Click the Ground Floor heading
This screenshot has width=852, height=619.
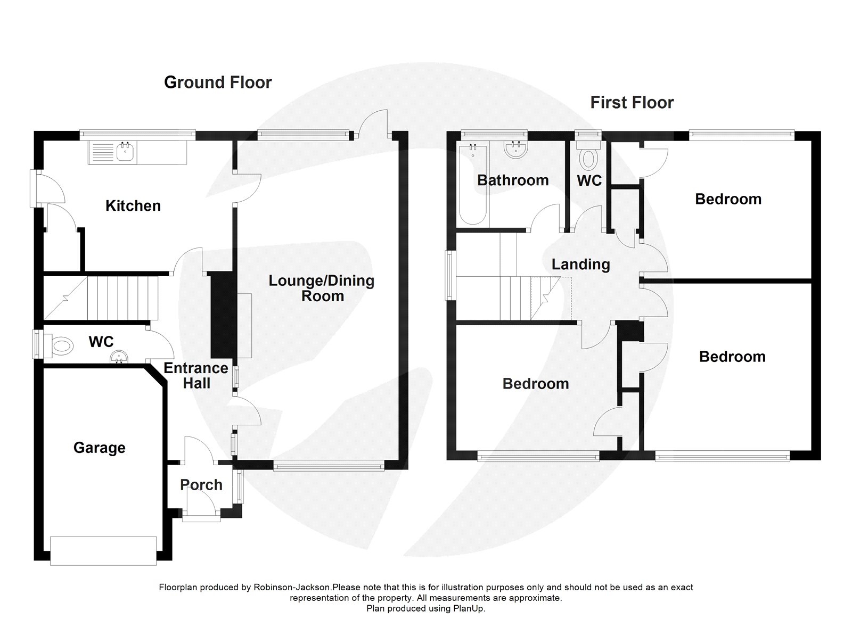coord(218,82)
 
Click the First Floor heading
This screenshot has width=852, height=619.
coord(632,102)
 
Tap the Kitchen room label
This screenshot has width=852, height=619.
coord(133,206)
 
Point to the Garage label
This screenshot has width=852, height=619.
coord(99,448)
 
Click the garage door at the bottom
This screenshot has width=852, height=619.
coord(103,550)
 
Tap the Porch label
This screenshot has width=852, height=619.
coord(201,485)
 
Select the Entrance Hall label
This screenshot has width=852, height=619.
coord(196,375)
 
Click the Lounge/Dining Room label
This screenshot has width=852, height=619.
coord(321,288)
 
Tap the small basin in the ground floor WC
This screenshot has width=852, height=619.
coord(120,358)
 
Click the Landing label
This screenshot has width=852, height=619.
coord(580,265)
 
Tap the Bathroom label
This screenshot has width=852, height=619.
coord(512,180)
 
